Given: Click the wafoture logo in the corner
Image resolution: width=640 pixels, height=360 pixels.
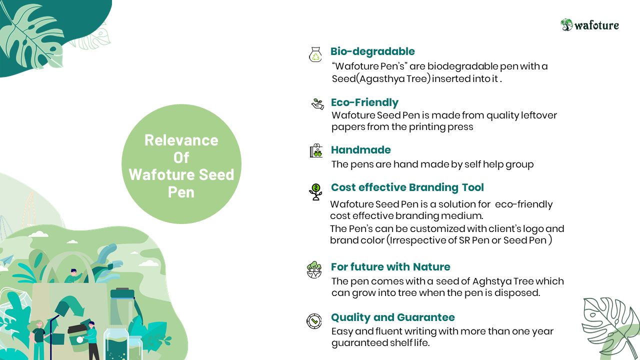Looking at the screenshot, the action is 589,25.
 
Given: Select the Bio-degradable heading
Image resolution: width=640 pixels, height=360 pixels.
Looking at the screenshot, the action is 372,51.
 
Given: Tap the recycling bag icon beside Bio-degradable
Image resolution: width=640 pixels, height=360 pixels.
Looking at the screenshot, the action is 315,54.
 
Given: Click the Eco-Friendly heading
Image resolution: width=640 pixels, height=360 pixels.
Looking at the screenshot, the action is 364,102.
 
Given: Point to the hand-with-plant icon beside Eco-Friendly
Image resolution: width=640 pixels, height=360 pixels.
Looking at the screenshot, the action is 317,104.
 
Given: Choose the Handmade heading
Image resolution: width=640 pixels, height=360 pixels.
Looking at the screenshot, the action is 361,149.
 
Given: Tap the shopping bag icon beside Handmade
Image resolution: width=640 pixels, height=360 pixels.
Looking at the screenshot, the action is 316,150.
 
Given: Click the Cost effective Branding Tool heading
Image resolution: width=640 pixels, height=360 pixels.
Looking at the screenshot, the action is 407,187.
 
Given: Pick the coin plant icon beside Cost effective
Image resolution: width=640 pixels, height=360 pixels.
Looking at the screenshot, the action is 315,191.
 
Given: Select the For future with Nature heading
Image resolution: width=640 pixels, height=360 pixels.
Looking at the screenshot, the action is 390,267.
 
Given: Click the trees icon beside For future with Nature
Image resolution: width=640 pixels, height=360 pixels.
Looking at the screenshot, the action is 314,269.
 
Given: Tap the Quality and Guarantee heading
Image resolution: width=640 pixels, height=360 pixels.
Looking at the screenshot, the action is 393,317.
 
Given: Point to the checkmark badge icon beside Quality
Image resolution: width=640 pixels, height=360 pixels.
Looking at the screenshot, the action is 314,321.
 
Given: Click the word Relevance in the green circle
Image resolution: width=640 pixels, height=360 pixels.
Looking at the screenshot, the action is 181,140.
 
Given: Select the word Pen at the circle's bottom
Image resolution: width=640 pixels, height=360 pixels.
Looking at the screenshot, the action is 181,192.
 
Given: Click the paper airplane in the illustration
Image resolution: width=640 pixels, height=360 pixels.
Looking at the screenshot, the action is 6,259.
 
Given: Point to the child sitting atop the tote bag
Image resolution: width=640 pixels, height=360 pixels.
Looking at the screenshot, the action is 73,275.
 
